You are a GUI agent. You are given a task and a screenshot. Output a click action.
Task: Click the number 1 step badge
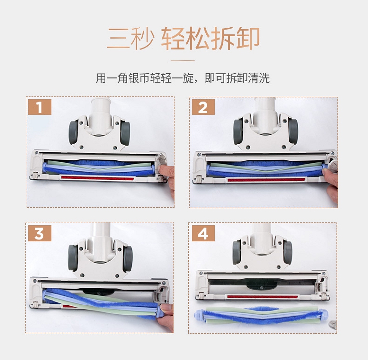click(40, 107)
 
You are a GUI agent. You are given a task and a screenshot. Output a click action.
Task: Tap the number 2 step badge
click(204, 107)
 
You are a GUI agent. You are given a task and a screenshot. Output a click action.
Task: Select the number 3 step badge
click(40, 233)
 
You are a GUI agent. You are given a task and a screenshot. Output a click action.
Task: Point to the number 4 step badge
click(204, 233)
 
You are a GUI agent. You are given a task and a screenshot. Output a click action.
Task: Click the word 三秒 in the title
click(131, 38)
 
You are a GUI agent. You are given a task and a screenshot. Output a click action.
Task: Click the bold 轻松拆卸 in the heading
click(210, 38)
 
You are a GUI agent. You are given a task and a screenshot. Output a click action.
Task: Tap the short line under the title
click(183, 60)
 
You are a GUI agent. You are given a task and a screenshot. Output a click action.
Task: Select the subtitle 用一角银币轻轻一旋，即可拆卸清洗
click(183, 78)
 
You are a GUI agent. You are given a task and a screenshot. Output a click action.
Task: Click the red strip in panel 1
click(98, 178)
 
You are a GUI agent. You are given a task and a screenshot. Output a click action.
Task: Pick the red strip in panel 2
click(266, 180)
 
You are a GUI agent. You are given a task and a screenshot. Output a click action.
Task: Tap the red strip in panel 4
click(263, 297)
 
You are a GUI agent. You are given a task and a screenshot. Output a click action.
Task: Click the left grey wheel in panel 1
click(73, 132)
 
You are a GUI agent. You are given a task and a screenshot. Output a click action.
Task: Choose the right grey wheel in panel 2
click(293, 131)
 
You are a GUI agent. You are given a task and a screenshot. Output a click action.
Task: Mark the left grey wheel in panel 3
click(73, 257)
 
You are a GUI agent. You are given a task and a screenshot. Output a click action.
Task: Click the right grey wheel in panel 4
click(288, 251)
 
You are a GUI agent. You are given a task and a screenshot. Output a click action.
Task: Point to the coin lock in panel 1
click(162, 162)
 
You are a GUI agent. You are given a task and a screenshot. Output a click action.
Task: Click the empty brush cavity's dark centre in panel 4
click(261, 285)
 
